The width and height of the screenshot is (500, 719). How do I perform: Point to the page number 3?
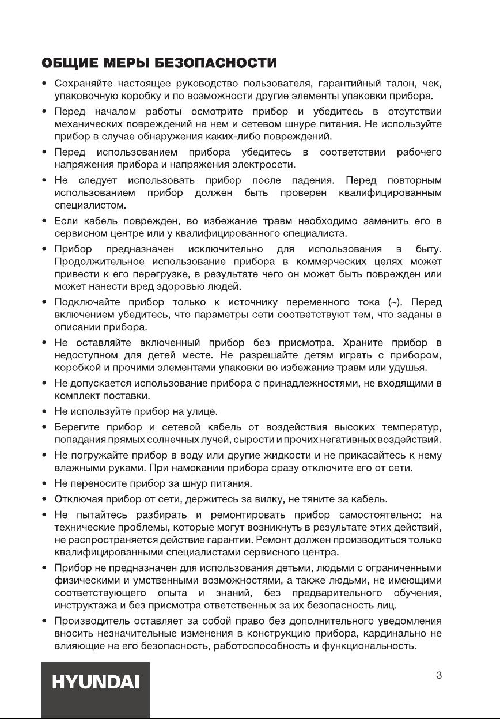pos(439,676)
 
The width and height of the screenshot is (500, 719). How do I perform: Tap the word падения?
pos(312,181)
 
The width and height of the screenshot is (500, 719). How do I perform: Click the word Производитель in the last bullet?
pos(92,621)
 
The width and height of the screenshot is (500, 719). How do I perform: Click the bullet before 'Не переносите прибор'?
pos(44,483)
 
